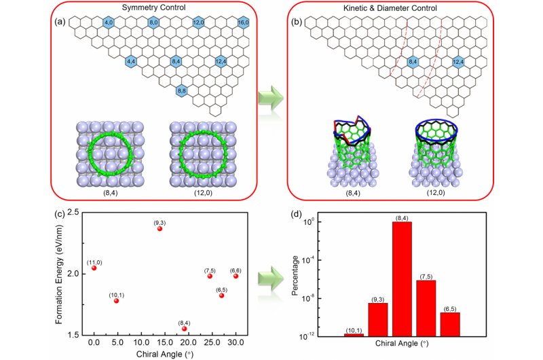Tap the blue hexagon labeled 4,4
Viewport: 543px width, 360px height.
(x=132, y=62)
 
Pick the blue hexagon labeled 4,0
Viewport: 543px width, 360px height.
(x=108, y=23)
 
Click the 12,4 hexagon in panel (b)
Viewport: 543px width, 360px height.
(x=458, y=62)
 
